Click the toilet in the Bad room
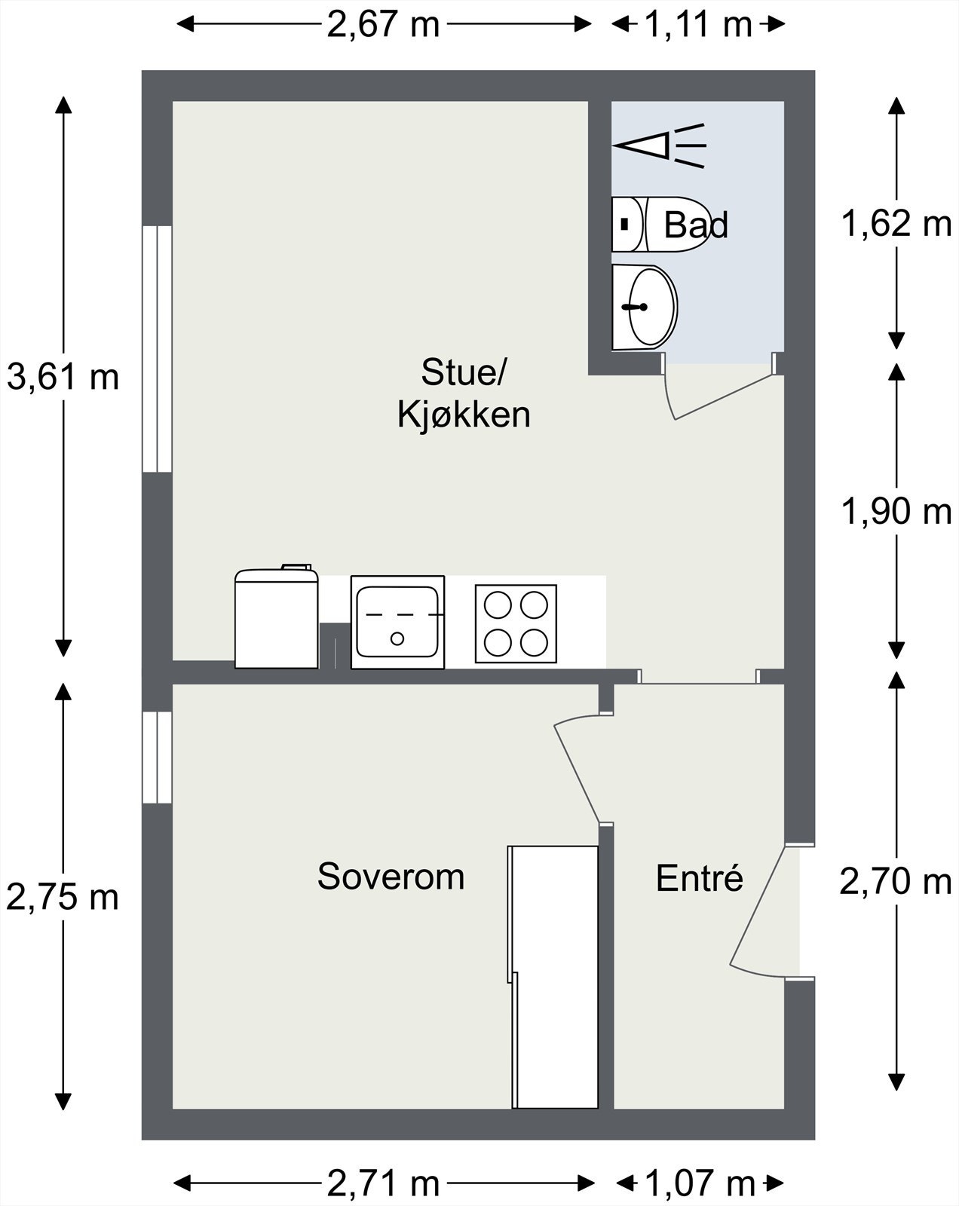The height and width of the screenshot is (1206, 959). point(660,225)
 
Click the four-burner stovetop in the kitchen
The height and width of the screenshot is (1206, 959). point(516,624)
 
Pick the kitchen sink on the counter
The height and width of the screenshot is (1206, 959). point(397,622)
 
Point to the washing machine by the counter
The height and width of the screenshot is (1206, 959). point(276,619)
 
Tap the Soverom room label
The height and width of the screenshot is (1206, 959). point(391,877)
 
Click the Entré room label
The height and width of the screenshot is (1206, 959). point(700,879)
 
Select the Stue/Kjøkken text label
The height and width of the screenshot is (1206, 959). point(464,393)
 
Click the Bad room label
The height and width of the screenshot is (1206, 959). point(696,225)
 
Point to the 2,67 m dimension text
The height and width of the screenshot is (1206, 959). point(383,25)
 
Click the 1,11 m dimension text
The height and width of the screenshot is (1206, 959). point(698,25)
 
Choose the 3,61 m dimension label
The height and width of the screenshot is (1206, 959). point(63,377)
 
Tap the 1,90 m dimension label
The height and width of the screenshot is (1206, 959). point(896,513)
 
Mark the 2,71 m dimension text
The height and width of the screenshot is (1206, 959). point(383,1184)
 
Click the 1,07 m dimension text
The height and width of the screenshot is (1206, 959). point(700,1184)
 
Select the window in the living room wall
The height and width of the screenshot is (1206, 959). point(158,349)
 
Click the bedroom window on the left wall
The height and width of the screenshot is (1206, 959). point(158,757)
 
